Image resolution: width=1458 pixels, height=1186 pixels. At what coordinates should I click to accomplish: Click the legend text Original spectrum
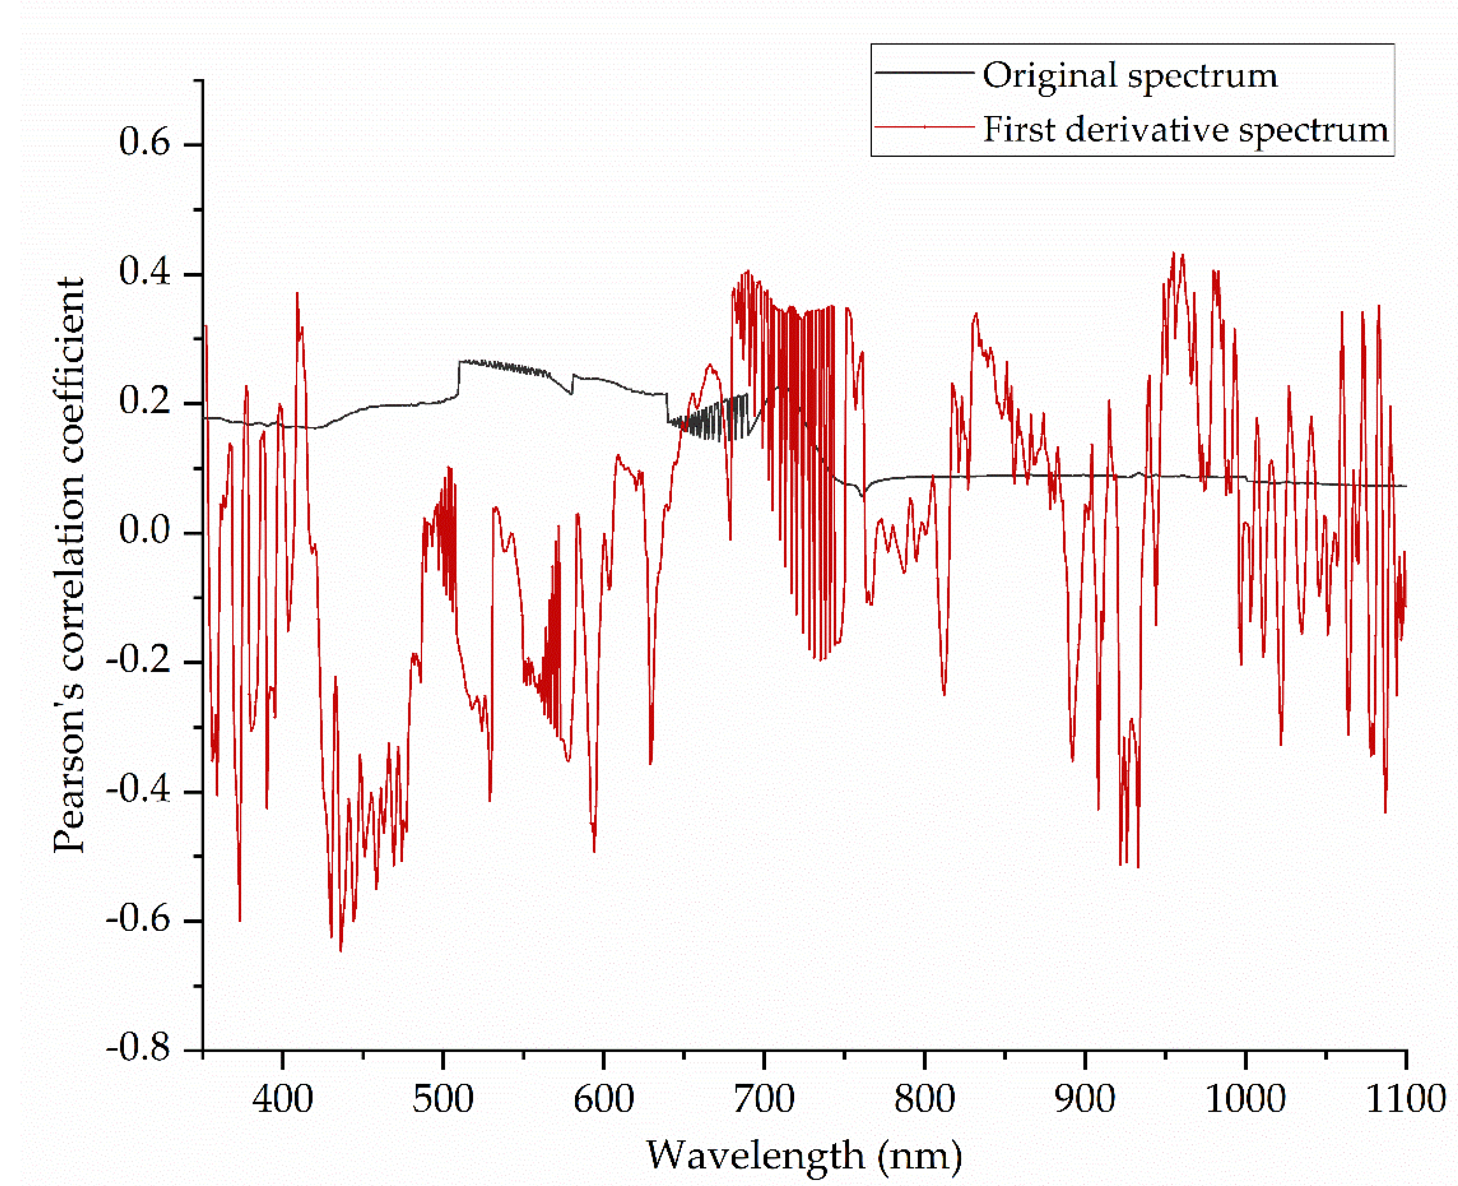[1130, 75]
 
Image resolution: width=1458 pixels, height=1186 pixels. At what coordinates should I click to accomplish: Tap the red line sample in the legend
[923, 127]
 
